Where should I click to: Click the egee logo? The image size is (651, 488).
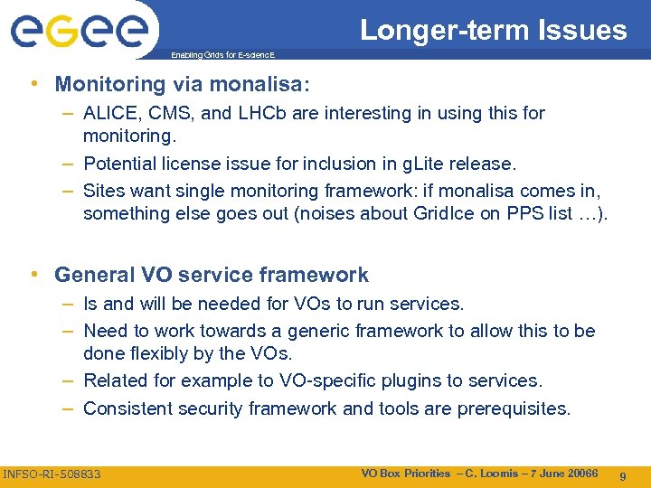79,33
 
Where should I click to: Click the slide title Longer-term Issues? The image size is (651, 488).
493,30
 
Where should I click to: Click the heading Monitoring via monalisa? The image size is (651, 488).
182,84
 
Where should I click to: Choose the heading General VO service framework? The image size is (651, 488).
212,275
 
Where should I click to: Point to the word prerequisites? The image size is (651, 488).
514,408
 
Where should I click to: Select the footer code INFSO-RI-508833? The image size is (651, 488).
52,474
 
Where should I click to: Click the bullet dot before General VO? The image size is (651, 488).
33,275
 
